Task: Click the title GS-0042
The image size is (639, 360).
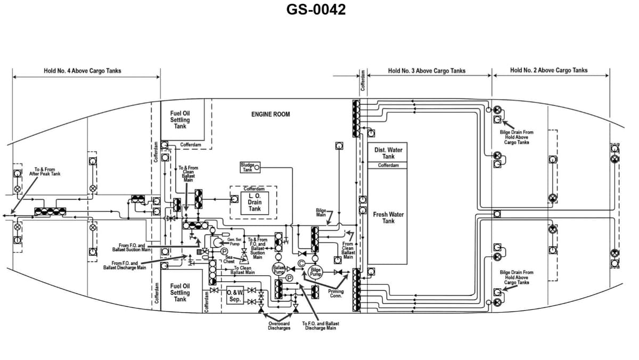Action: pyautogui.click(x=316, y=10)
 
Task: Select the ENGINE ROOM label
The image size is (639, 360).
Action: pyautogui.click(x=271, y=114)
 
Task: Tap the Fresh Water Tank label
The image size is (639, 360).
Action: pyautogui.click(x=388, y=218)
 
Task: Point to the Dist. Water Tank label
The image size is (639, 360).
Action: pyautogui.click(x=388, y=153)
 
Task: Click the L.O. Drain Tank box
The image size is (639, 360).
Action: pyautogui.click(x=254, y=203)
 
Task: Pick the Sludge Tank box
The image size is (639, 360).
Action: pyautogui.click(x=248, y=168)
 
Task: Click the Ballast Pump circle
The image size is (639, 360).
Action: pyautogui.click(x=279, y=269)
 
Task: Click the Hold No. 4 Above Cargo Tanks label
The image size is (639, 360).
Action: pyautogui.click(x=82, y=71)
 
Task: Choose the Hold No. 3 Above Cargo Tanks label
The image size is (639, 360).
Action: pyautogui.click(x=427, y=71)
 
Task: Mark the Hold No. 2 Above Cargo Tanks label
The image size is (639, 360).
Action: pyautogui.click(x=548, y=70)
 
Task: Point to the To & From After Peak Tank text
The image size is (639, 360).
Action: pyautogui.click(x=45, y=171)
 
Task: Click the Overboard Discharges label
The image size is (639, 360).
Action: pyautogui.click(x=279, y=326)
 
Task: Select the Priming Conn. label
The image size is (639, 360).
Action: pyautogui.click(x=335, y=293)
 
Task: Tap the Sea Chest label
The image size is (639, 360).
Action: pyautogui.click(x=228, y=259)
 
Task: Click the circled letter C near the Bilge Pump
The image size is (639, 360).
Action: pyautogui.click(x=301, y=263)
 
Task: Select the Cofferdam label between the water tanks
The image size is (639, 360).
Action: pyautogui.click(x=388, y=166)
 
